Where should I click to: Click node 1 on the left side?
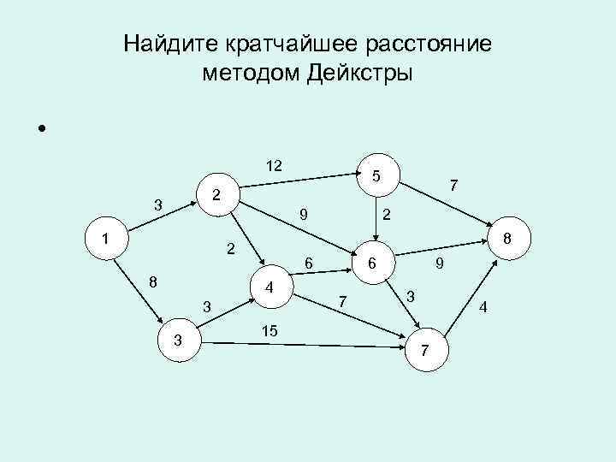click(105, 239)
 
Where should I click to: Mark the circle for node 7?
click(427, 350)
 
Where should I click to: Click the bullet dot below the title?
click(40, 130)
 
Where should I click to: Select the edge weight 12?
click(275, 164)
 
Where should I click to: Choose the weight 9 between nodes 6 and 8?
click(438, 265)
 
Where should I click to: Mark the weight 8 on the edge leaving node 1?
click(151, 281)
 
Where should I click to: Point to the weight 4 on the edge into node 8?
click(483, 307)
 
